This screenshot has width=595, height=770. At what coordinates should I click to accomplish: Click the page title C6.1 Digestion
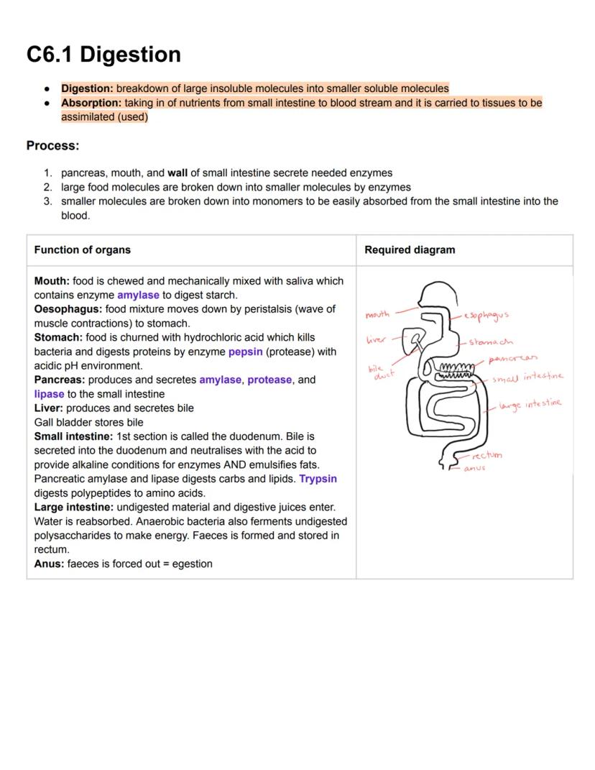coord(103,55)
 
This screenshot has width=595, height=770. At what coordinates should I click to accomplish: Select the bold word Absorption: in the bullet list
coord(91,103)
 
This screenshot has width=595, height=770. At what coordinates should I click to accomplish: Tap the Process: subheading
coord(52,146)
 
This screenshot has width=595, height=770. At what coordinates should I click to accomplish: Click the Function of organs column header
coord(82,250)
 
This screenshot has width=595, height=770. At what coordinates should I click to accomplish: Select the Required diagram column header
coord(410,250)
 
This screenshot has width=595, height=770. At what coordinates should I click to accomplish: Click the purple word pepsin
coord(245,352)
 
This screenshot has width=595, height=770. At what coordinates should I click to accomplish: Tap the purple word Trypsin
coord(318,479)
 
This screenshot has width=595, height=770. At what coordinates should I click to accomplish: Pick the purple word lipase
coord(49,394)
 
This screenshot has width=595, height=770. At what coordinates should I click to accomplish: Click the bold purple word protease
coord(269,380)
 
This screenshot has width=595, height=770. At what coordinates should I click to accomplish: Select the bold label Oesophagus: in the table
coord(68,309)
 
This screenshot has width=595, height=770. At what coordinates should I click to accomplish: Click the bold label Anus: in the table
coord(49,564)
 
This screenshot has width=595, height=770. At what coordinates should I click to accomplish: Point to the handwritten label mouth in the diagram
coord(377,314)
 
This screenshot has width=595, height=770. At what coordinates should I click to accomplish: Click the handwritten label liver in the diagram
coord(376,339)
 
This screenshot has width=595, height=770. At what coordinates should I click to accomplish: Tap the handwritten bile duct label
coord(380,372)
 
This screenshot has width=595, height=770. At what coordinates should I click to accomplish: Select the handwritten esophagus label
coord(486,315)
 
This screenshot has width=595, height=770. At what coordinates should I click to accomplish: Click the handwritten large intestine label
coord(531,405)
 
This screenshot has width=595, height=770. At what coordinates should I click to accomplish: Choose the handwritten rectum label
coord(487,455)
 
